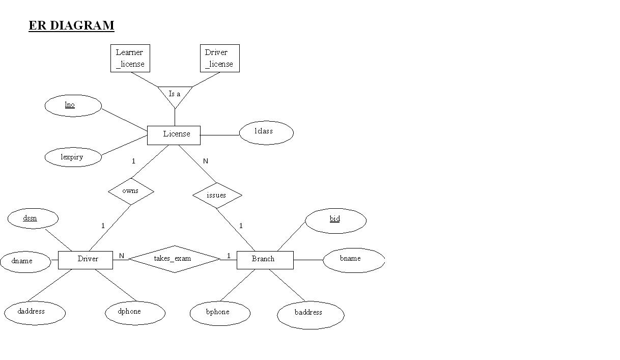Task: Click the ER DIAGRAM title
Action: (71, 25)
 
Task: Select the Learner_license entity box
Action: (130, 58)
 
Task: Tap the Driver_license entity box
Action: (219, 58)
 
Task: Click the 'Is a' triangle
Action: (175, 95)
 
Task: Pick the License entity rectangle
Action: (174, 135)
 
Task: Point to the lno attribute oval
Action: (73, 105)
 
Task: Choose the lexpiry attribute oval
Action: (73, 157)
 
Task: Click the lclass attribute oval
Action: (266, 132)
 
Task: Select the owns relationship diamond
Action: (131, 191)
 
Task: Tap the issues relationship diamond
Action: (217, 196)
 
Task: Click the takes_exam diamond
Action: (174, 259)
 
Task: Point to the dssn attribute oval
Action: (33, 219)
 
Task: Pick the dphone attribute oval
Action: (135, 312)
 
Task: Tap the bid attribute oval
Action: (335, 220)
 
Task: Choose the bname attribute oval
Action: (353, 260)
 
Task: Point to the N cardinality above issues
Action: (206, 161)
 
